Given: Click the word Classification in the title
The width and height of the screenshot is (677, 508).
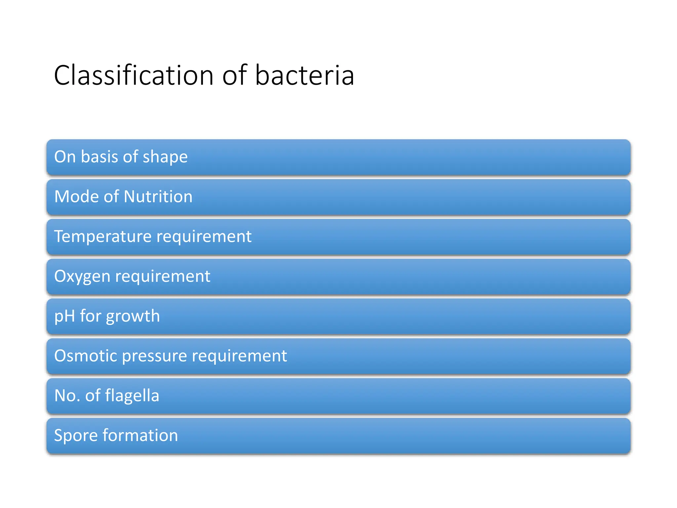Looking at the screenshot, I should pyautogui.click(x=134, y=75).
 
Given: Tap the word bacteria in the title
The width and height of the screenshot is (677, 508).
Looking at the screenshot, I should pyautogui.click(x=304, y=75).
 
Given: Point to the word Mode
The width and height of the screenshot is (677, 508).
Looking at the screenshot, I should pyautogui.click(x=77, y=196).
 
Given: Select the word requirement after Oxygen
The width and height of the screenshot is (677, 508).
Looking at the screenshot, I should pyautogui.click(x=162, y=276).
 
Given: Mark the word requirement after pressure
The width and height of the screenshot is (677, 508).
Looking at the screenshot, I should pyautogui.click(x=239, y=356).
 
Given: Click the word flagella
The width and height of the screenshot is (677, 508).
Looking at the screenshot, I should pyautogui.click(x=132, y=396).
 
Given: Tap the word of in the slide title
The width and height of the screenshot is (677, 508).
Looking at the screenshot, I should pyautogui.click(x=234, y=75).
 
